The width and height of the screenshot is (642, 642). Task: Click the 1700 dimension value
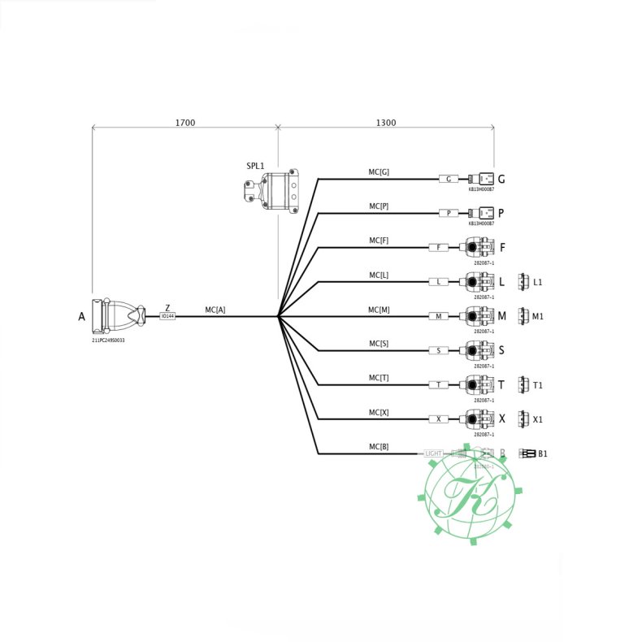(x=184, y=123)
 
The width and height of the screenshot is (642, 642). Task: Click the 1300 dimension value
(x=386, y=123)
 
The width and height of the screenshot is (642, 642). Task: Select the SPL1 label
(x=255, y=166)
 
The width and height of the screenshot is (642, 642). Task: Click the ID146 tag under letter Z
(x=167, y=316)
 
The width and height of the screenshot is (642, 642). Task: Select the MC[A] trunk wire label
(x=215, y=310)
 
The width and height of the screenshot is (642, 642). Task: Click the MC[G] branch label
(x=379, y=171)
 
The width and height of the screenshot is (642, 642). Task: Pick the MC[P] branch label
(x=379, y=206)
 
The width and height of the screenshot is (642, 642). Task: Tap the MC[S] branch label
(x=379, y=344)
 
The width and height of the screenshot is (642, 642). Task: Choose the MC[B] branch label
(x=379, y=446)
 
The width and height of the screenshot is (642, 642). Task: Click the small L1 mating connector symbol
(x=523, y=281)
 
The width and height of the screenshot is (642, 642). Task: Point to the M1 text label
(x=538, y=316)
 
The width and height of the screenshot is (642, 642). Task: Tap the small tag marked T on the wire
(x=439, y=384)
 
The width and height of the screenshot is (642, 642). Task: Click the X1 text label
(x=538, y=419)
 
